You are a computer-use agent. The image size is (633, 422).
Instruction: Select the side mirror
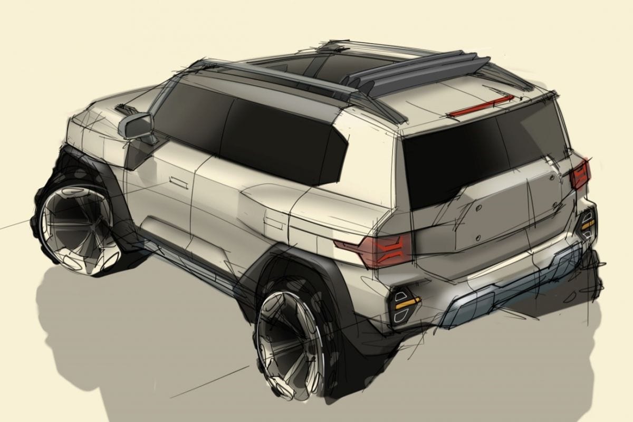point(136,126)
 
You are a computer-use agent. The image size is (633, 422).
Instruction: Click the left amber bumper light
point(405,302)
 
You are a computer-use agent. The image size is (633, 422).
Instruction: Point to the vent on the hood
point(126,109)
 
